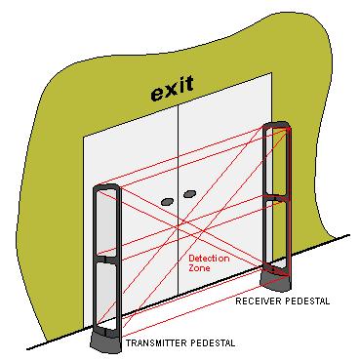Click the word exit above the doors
pos(173,88)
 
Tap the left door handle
pos(167,202)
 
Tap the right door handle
pos(189,194)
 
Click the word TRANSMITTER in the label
pos(156,342)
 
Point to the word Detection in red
pos(209,259)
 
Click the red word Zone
pos(199,267)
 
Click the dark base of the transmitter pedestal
pos(106,342)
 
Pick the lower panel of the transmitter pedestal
pos(106,296)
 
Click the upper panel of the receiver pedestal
pos(275,160)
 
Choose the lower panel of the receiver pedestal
pos(276,232)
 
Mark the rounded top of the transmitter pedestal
pos(106,186)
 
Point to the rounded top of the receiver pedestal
pos(276,124)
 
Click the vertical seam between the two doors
pos(178,199)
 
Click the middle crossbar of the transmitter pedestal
pos(107,260)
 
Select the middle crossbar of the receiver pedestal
pos(276,197)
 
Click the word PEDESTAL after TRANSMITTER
pos(213,342)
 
